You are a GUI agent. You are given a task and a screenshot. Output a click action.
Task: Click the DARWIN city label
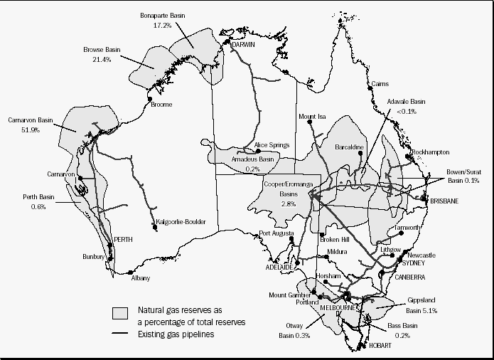point(243,44)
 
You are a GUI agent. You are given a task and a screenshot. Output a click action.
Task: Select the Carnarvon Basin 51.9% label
point(30,125)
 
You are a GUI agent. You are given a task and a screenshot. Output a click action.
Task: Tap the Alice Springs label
point(272,145)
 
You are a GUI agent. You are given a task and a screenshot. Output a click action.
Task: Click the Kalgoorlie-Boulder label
point(181,222)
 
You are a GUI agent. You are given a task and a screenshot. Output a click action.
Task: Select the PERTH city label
point(124,240)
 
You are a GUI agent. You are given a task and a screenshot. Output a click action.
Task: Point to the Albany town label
point(141,278)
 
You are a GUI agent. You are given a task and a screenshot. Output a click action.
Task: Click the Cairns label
point(380,84)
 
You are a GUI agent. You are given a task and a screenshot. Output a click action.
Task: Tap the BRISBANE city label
point(444,201)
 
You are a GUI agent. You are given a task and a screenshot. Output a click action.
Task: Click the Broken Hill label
point(335,239)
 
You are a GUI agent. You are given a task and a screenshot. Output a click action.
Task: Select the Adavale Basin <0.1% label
point(406,106)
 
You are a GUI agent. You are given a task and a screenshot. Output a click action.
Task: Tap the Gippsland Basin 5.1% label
point(421,306)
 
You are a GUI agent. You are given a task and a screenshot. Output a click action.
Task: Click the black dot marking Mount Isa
point(311,124)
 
